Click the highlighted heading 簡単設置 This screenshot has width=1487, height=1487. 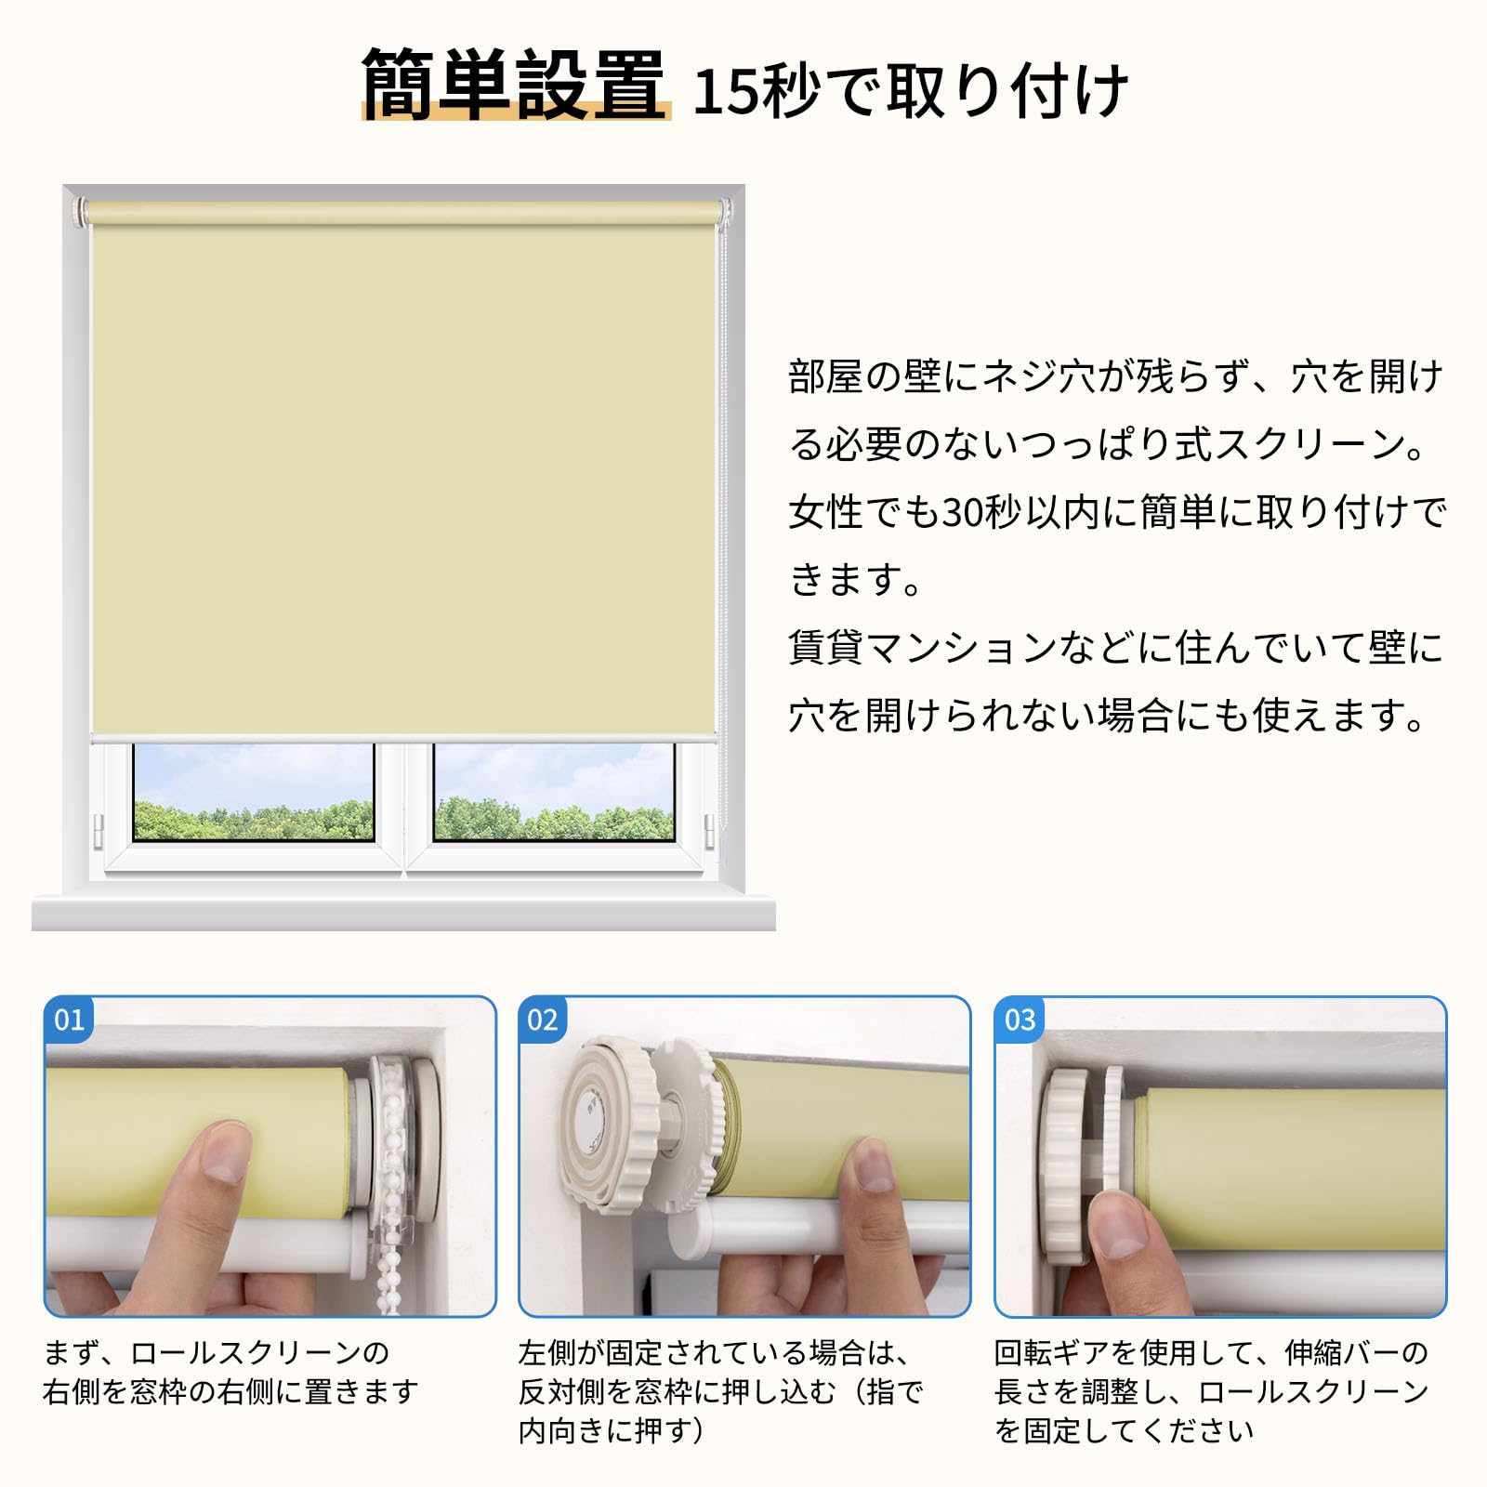(x=514, y=86)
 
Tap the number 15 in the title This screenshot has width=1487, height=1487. (x=725, y=92)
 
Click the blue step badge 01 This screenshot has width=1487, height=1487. (x=69, y=1020)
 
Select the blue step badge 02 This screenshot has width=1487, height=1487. (x=543, y=1020)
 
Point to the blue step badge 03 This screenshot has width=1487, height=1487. (x=1020, y=1020)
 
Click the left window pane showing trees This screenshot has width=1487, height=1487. (x=253, y=792)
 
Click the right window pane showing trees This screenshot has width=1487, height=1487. (x=554, y=792)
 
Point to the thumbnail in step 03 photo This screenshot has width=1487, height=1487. (x=1122, y=1231)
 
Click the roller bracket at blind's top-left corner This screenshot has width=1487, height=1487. (x=78, y=211)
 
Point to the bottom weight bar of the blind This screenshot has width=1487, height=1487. (x=404, y=738)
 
